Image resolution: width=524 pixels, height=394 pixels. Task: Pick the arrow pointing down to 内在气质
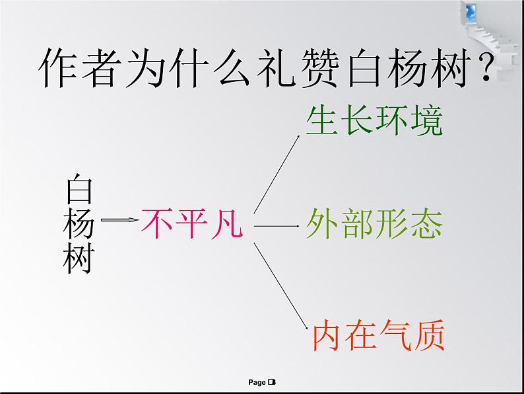pyautogui.click(x=280, y=284)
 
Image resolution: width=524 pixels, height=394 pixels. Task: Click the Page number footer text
pyautogui.click(x=262, y=382)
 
